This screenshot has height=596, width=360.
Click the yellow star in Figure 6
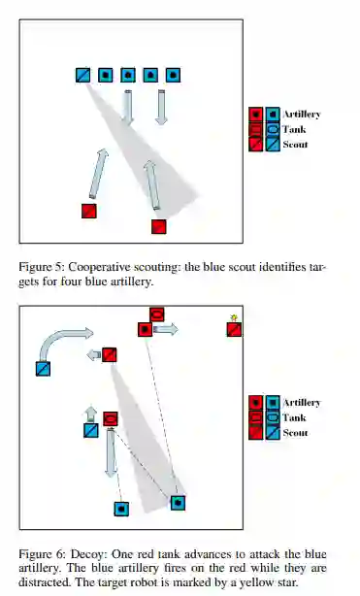click(x=234, y=317)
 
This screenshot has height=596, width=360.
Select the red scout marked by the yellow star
click(x=234, y=330)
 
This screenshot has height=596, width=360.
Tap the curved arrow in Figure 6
click(x=61, y=342)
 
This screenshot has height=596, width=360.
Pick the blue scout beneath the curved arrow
click(x=43, y=369)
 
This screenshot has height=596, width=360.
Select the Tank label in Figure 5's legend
click(x=295, y=129)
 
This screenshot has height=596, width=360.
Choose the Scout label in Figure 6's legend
click(x=295, y=433)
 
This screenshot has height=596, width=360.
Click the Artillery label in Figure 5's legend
click(x=302, y=114)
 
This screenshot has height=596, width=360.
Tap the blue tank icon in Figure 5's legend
click(x=273, y=130)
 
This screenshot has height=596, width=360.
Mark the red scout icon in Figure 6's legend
click(x=256, y=433)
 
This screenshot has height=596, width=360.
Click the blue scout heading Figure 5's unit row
click(x=82, y=76)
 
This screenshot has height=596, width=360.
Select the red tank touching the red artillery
click(x=156, y=315)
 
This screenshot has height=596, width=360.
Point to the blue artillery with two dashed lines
click(x=178, y=503)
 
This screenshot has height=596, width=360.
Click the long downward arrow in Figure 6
click(x=111, y=452)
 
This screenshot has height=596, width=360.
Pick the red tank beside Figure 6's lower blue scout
click(x=111, y=419)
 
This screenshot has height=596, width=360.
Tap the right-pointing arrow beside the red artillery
click(x=166, y=329)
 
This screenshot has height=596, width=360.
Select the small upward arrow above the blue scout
click(x=91, y=414)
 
